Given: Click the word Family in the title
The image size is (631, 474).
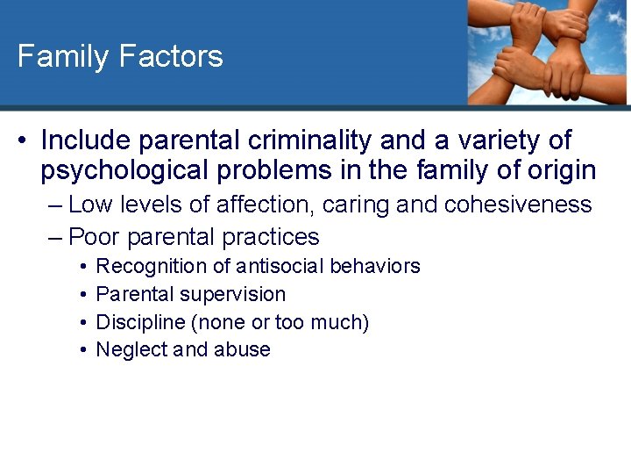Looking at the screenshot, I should click(x=63, y=57).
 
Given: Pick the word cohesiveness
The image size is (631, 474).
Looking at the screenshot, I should click(x=519, y=205).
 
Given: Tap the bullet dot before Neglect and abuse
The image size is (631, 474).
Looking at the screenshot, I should click(x=81, y=349).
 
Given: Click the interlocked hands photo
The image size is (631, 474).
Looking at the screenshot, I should click(x=547, y=51).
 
